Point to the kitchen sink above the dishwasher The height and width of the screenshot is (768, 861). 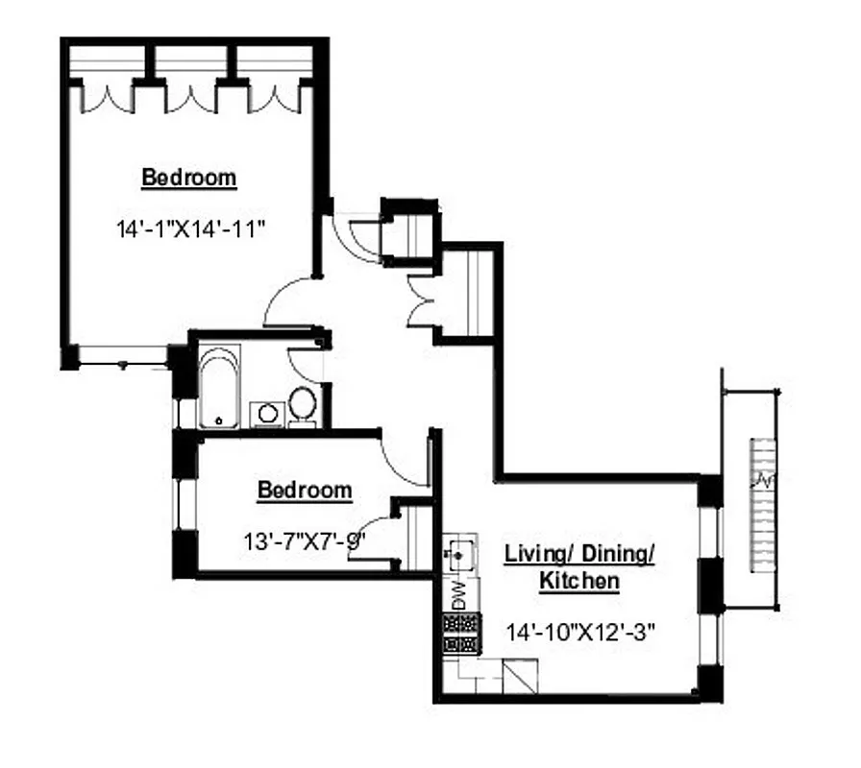coord(460,555)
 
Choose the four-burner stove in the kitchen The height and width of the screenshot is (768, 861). coord(459,633)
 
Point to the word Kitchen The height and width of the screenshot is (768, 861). coord(578,581)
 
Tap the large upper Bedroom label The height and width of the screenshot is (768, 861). coord(189,178)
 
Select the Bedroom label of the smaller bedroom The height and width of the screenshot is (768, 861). coord(305,491)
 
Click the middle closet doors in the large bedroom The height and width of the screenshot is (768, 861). coord(190,97)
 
